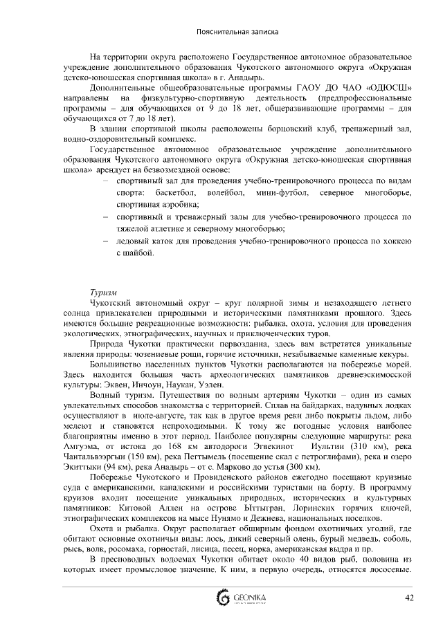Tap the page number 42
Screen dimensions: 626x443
409,597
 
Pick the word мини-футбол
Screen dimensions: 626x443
275,194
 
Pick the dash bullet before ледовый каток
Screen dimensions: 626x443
104,243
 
